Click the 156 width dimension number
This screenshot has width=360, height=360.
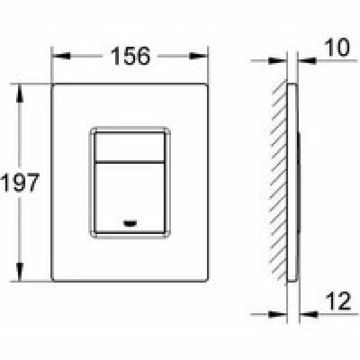pyautogui.click(x=130, y=56)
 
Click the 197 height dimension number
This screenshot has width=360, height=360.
pyautogui.click(x=20, y=183)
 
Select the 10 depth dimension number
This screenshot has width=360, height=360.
pyautogui.click(x=337, y=48)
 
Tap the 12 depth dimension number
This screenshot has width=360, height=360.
pyautogui.click(x=339, y=301)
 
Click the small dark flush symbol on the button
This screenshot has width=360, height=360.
pyautogui.click(x=130, y=223)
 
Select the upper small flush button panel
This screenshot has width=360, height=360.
pyautogui.click(x=130, y=147)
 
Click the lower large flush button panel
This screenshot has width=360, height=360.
pyautogui.click(x=130, y=197)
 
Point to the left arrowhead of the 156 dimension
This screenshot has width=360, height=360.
pyautogui.click(x=61, y=56)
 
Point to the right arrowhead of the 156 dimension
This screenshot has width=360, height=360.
pyautogui.click(x=199, y=56)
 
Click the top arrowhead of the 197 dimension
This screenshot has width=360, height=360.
pyautogui.click(x=20, y=94)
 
